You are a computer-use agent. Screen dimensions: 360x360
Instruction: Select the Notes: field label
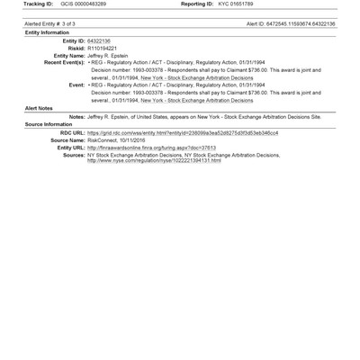click(x=76, y=142)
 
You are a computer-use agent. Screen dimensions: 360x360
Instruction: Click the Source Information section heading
click(x=34, y=149)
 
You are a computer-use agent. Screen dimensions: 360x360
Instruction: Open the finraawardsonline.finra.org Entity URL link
click(x=152, y=172)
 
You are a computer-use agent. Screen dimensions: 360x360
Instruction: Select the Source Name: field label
click(x=66, y=165)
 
